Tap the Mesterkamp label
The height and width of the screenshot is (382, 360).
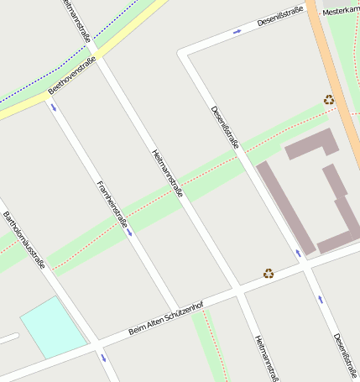pos(341,11)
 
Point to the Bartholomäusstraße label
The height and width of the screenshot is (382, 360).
pos(23,238)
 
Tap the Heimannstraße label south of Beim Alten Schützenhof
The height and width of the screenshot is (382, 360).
pos(266,359)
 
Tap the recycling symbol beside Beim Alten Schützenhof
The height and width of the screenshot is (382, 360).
pos(269,273)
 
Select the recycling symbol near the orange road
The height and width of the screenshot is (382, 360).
pos(329,100)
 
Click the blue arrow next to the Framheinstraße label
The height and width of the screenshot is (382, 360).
pos(130,231)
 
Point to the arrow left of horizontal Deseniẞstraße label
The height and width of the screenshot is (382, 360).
pos(237,32)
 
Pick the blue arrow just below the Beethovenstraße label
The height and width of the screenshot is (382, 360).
pos(55,107)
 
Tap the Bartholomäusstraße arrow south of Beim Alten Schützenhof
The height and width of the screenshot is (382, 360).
pos(103,357)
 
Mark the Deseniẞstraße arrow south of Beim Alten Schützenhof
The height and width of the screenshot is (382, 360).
pos(320,299)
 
